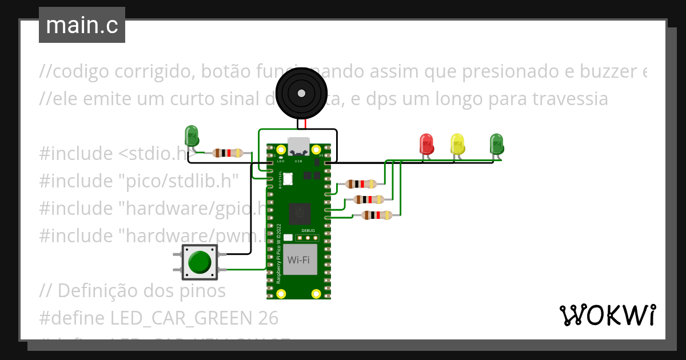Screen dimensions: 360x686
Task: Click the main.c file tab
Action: (82, 25)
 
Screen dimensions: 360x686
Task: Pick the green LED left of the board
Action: (192, 136)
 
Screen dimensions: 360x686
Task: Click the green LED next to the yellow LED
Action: (497, 143)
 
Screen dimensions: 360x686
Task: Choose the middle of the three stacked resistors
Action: (369, 199)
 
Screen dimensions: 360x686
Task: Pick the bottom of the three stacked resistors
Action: (377, 215)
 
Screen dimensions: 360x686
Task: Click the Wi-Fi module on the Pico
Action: (298, 260)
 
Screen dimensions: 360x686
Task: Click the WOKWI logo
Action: (607, 315)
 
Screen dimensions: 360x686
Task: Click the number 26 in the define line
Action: (267, 318)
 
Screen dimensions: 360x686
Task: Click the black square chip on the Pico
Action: (299, 214)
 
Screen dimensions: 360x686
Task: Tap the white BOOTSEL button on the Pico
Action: (288, 179)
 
